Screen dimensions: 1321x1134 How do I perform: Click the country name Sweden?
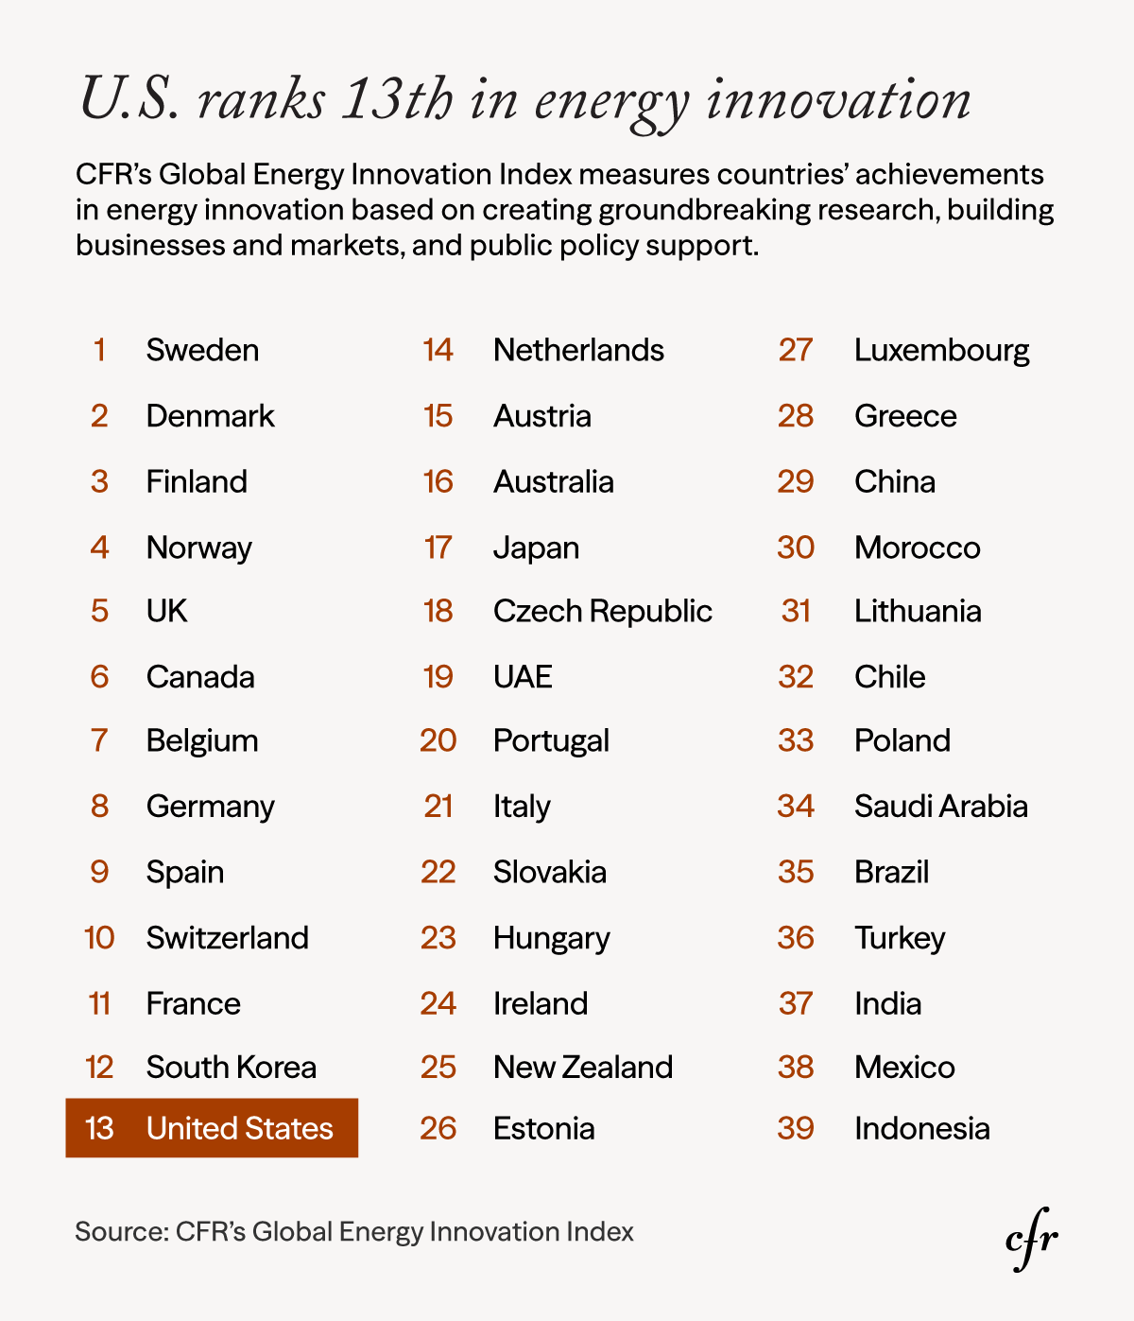(x=202, y=350)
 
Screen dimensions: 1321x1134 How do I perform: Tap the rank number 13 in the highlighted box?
(x=99, y=1128)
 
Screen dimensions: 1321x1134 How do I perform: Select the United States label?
(x=239, y=1128)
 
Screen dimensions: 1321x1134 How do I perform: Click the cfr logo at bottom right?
(x=1031, y=1240)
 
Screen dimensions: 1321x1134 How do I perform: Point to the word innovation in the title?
(x=838, y=99)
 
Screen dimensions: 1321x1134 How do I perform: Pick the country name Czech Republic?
(x=602, y=611)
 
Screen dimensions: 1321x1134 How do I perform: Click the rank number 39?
(x=796, y=1128)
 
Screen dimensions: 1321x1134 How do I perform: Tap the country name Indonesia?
(x=921, y=1128)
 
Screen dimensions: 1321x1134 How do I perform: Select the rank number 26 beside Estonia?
(x=438, y=1128)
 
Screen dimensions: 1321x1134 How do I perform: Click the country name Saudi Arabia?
(x=940, y=806)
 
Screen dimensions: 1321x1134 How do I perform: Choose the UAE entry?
(x=523, y=677)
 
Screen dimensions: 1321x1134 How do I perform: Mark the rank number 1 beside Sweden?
(x=99, y=350)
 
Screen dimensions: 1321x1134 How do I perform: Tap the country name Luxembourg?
(x=941, y=350)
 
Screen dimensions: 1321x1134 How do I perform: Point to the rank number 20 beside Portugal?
(x=438, y=740)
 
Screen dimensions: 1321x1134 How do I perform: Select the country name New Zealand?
(x=582, y=1067)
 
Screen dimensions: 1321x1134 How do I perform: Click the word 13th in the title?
(x=397, y=99)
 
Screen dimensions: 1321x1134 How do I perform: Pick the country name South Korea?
(x=231, y=1067)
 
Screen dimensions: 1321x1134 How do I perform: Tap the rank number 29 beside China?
(x=796, y=481)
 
